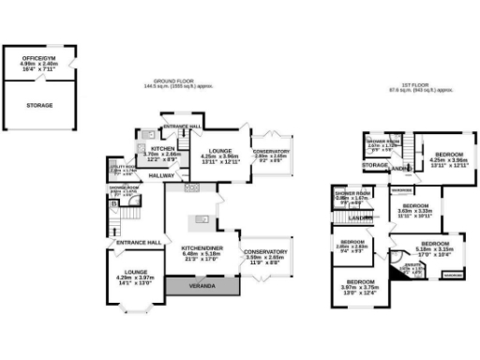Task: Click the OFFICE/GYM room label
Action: [x=38, y=63]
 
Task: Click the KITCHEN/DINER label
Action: [x=201, y=250]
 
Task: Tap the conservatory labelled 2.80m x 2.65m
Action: [x=272, y=154]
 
